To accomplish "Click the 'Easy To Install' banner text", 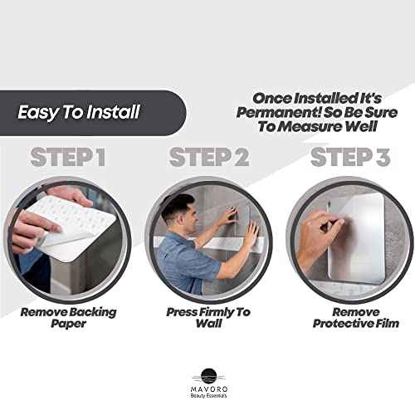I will pos(80,111).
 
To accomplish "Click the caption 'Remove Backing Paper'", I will pos(69,317).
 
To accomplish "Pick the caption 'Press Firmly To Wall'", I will pos(207,317).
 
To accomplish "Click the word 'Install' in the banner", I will pos(113,111).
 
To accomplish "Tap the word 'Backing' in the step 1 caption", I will pos(95,311).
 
